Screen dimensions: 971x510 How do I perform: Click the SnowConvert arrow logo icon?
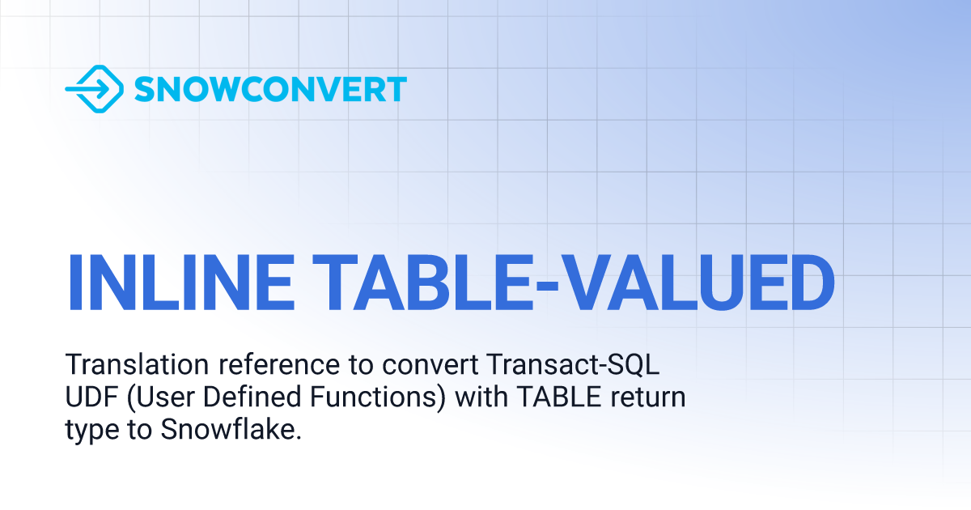[95, 89]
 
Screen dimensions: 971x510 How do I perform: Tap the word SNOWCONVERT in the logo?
[270, 89]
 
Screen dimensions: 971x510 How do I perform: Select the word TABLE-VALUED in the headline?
[574, 283]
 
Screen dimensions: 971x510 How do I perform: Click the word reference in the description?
[278, 365]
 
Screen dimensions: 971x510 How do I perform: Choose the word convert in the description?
[430, 366]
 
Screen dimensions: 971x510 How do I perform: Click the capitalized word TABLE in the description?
[560, 397]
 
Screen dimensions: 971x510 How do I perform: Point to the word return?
[648, 398]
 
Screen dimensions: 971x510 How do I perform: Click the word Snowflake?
[231, 429]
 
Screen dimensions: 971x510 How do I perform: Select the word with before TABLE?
[481, 397]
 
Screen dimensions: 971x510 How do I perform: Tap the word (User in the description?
[161, 397]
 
